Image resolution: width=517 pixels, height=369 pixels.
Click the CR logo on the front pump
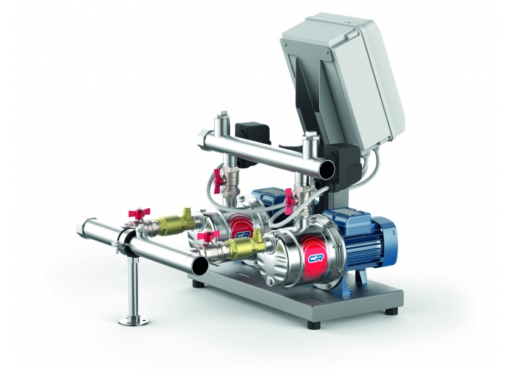[315, 258]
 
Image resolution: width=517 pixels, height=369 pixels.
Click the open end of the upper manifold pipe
[326, 169]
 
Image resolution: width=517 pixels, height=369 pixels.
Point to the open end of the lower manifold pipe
[200, 265]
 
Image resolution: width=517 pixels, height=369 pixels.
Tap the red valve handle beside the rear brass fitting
[139, 213]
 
